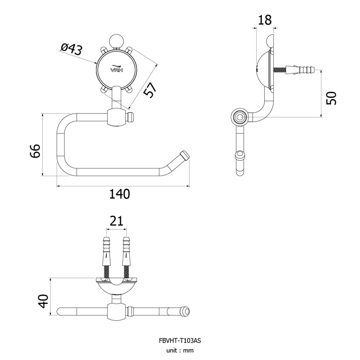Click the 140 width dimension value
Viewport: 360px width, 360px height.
click(x=120, y=194)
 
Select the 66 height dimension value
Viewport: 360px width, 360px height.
click(x=35, y=151)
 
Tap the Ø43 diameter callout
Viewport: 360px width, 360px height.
click(x=71, y=49)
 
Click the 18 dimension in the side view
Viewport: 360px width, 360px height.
click(x=265, y=20)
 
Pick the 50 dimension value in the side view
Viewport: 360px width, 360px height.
click(x=331, y=98)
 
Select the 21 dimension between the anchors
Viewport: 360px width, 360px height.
click(x=116, y=221)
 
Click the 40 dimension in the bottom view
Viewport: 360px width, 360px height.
click(x=43, y=301)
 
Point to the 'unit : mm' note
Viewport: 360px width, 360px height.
click(x=180, y=351)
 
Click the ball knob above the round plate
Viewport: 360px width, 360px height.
click(x=116, y=41)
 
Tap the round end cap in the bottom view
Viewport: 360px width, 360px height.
click(x=186, y=312)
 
